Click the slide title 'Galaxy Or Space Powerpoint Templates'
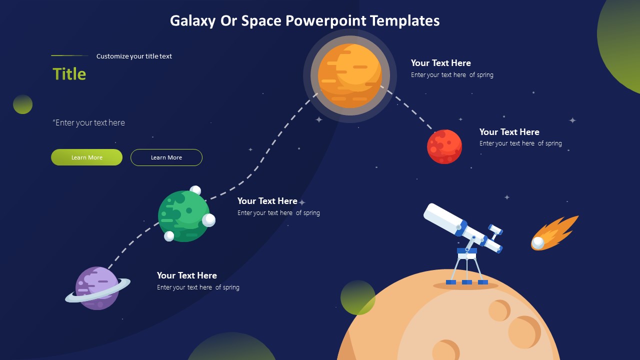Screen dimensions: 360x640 coord(304,20)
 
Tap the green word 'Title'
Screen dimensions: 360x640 coord(69,74)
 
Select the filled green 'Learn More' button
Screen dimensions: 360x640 coord(86,157)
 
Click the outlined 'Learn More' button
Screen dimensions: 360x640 coord(166,157)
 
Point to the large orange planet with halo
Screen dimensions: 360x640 coord(349,75)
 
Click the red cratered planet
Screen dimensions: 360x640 coord(444,146)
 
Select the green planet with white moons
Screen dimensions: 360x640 coord(183,216)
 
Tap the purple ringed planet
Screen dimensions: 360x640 coord(97,288)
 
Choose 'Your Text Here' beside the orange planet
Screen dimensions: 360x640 coord(440,63)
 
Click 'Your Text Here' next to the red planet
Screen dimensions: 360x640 coord(509,132)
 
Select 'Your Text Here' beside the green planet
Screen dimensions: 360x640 coord(267,201)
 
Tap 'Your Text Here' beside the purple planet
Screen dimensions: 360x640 coord(186,275)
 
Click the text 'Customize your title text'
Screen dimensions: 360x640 coord(134,56)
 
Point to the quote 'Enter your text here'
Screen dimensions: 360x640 coord(89,122)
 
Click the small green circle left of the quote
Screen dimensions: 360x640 coord(22,104)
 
